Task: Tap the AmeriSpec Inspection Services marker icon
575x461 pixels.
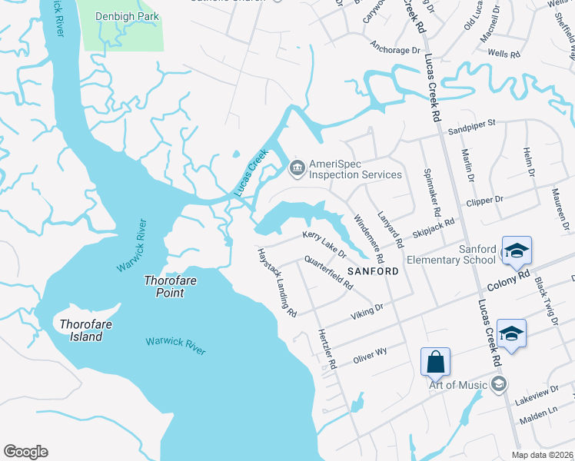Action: [297, 166]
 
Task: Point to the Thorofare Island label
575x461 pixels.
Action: [81, 330]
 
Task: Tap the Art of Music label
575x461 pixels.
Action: [457, 385]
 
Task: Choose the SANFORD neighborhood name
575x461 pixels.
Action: [373, 271]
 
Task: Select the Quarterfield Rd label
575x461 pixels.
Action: [328, 273]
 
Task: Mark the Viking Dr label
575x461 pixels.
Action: [367, 311]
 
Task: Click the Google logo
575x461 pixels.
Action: [25, 452]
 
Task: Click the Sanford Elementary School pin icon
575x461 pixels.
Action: [517, 250]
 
